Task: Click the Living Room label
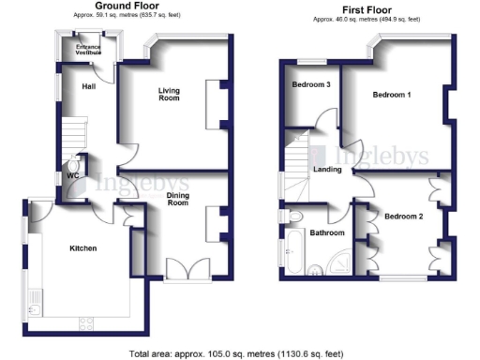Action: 169,94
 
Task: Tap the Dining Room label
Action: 178,200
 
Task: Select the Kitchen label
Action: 84,248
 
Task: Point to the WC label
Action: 73,175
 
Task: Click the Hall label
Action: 89,86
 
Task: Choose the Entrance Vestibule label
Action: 90,51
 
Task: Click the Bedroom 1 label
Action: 393,96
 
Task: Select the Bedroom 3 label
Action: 311,84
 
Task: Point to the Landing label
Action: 327,170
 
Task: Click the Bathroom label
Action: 327,232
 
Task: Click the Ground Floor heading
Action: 119,7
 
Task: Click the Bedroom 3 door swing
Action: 325,120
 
